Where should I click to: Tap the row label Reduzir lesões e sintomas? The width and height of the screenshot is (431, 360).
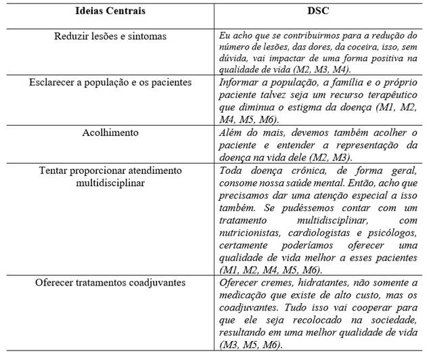[x=110, y=35]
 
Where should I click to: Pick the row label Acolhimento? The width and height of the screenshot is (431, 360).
[x=110, y=133]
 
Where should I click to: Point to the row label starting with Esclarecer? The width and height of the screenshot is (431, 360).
[x=110, y=83]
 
